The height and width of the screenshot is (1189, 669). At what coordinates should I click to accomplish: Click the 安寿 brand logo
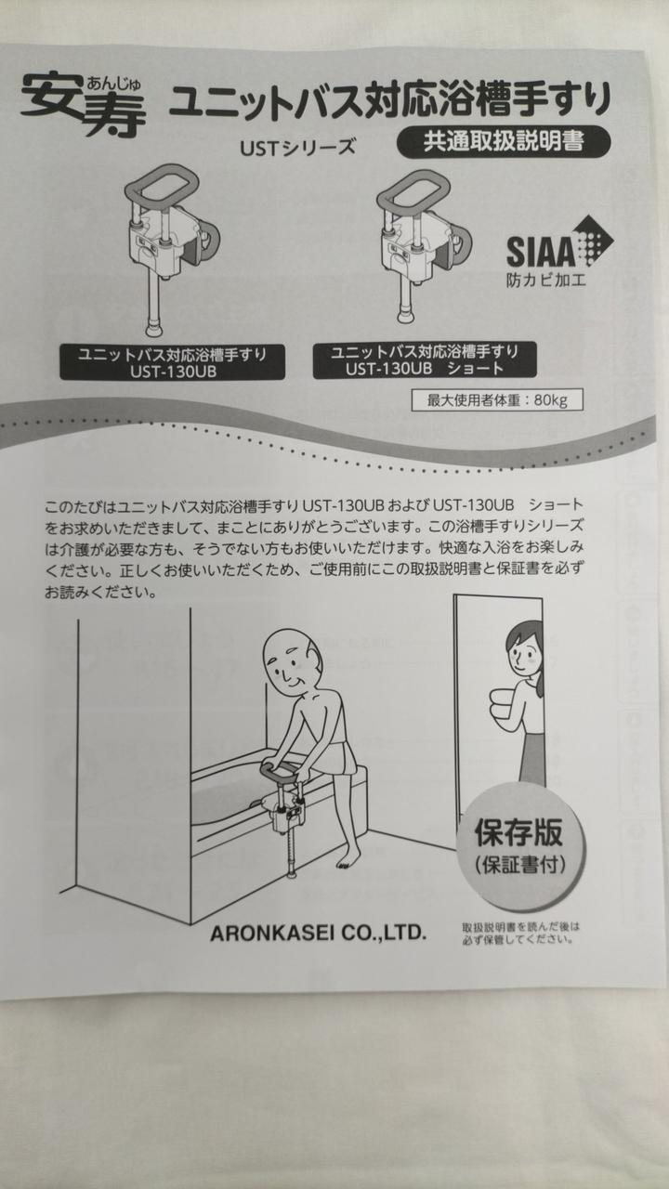84,107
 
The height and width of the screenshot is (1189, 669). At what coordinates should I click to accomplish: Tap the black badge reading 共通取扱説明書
504,142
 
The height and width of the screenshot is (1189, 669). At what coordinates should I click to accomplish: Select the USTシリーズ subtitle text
297,147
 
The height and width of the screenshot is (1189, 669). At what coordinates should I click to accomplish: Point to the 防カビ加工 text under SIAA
546,280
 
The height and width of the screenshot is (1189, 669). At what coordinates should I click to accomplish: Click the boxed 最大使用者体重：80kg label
497,399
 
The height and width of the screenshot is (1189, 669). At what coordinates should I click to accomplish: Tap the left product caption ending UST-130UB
172,362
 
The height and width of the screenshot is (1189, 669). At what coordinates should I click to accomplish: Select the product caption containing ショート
425,359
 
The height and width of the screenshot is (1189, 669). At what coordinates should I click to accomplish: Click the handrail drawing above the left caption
171,250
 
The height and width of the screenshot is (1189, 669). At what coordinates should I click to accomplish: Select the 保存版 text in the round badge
518,832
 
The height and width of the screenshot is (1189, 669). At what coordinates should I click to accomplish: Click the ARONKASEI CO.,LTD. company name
318,933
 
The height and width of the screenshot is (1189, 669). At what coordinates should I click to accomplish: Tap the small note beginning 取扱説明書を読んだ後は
519,933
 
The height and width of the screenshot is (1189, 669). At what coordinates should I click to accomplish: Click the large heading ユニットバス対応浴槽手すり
389,100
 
